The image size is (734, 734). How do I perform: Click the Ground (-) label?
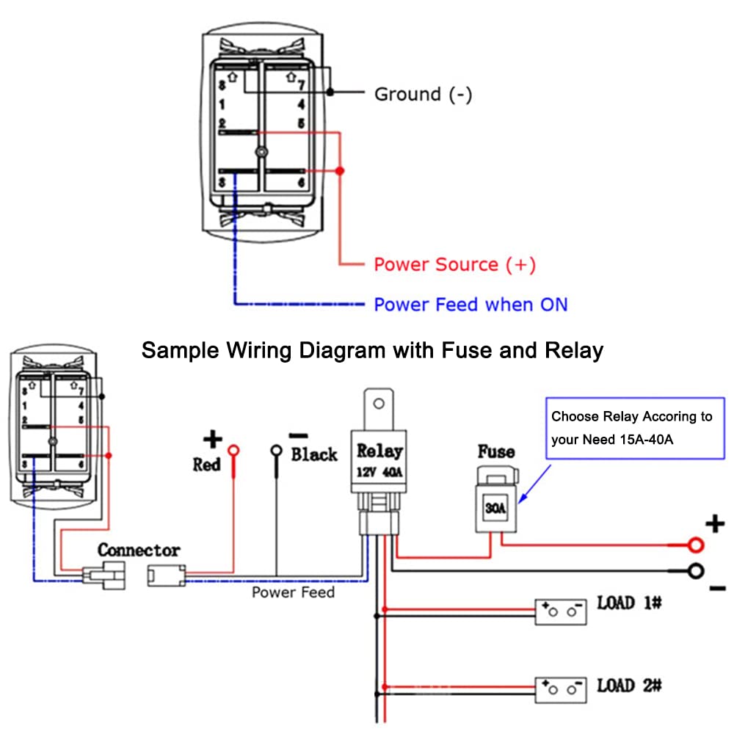click(424, 95)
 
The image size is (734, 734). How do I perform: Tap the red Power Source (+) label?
click(454, 264)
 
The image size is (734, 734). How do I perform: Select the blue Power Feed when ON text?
click(470, 305)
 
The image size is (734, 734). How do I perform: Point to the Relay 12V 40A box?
click(379, 461)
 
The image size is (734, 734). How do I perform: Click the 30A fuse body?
click(495, 508)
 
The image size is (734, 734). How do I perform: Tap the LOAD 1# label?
click(629, 603)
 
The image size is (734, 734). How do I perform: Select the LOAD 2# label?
click(629, 686)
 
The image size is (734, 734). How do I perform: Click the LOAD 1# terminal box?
click(561, 612)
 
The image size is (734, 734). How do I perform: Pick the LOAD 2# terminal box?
click(561, 690)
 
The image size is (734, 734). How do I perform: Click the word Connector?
click(139, 550)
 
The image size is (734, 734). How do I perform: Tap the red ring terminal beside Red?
click(233, 451)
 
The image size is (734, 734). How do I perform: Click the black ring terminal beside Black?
click(277, 451)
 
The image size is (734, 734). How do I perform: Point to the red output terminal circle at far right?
click(696, 545)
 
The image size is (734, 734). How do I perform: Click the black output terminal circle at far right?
click(696, 571)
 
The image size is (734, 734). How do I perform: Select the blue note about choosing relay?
click(635, 428)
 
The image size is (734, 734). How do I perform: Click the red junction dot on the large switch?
click(340, 171)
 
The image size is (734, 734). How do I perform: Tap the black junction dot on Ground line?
click(330, 92)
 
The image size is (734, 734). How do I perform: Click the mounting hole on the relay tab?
click(379, 404)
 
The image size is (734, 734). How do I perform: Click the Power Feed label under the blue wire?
click(294, 592)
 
